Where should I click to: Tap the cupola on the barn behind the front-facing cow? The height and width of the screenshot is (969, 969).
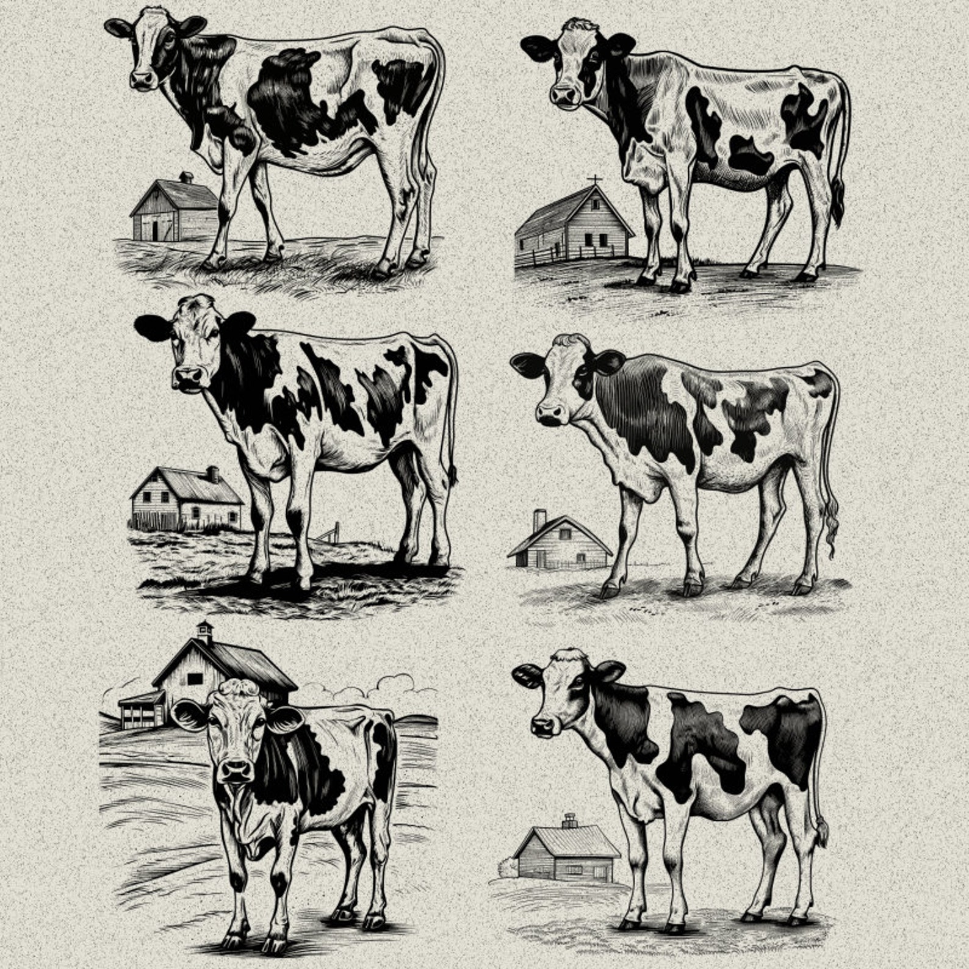tap(204, 633)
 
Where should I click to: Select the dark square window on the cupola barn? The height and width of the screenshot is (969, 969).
tap(195, 679)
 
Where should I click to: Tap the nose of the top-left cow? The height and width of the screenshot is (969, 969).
tap(142, 79)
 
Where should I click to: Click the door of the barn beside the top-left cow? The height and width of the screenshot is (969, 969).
tap(156, 230)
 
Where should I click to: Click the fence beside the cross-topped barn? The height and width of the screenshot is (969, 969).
tap(540, 256)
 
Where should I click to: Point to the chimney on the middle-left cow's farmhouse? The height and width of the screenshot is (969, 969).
tap(212, 474)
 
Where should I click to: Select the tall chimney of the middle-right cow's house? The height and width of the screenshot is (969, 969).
tap(539, 520)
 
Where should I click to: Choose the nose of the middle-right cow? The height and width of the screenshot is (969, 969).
tap(551, 414)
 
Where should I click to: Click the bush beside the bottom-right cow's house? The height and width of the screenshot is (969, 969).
tap(508, 867)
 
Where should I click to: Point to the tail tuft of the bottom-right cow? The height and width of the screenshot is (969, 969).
tap(821, 833)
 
